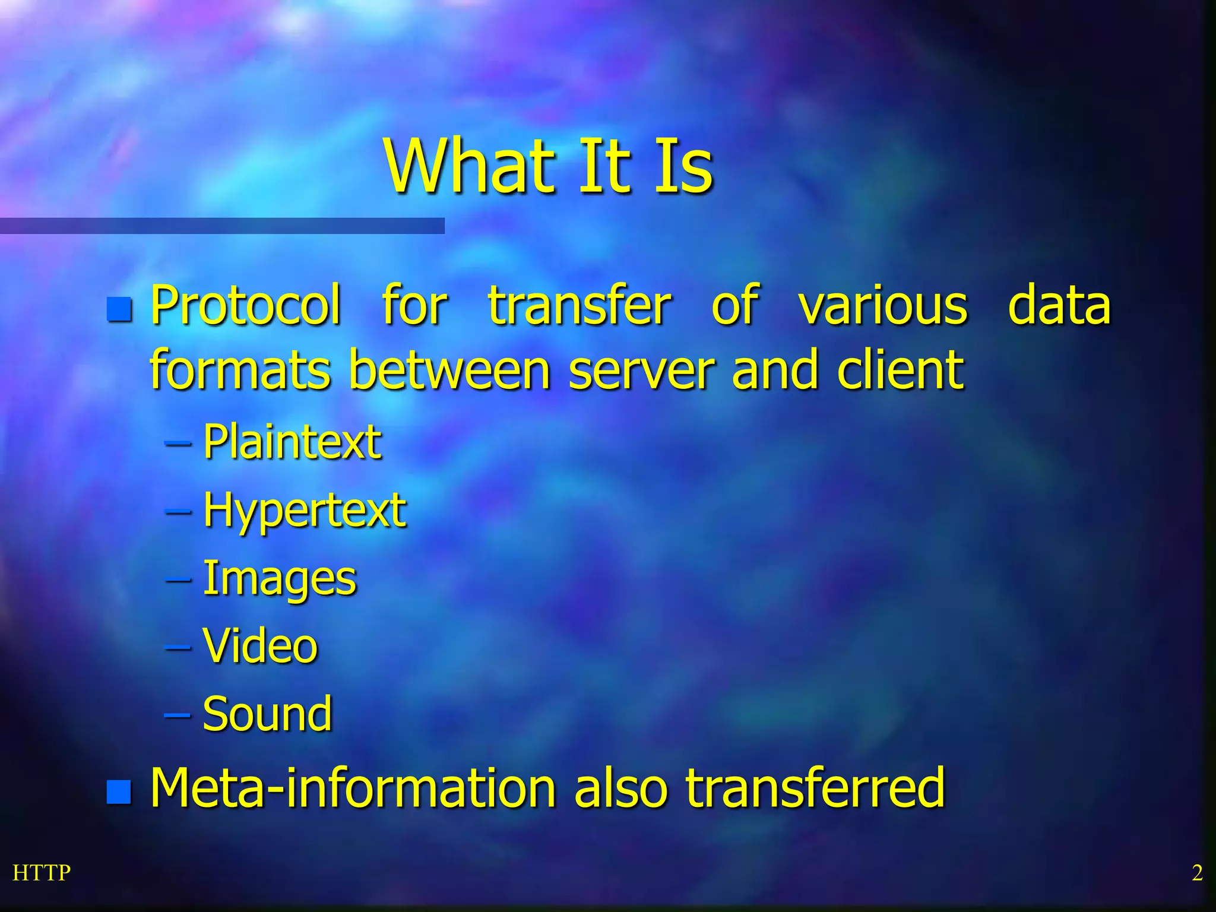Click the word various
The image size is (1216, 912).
click(x=883, y=306)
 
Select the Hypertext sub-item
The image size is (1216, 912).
click(x=304, y=511)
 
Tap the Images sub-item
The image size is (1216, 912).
click(x=279, y=579)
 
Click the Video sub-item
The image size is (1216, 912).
click(x=260, y=646)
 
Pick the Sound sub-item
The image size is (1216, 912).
click(x=267, y=714)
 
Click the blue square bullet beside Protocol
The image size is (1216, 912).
click(x=119, y=309)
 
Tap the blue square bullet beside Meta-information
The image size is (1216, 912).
click(x=119, y=791)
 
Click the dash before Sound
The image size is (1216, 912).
click(x=178, y=715)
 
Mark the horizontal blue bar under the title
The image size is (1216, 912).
click(x=222, y=226)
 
